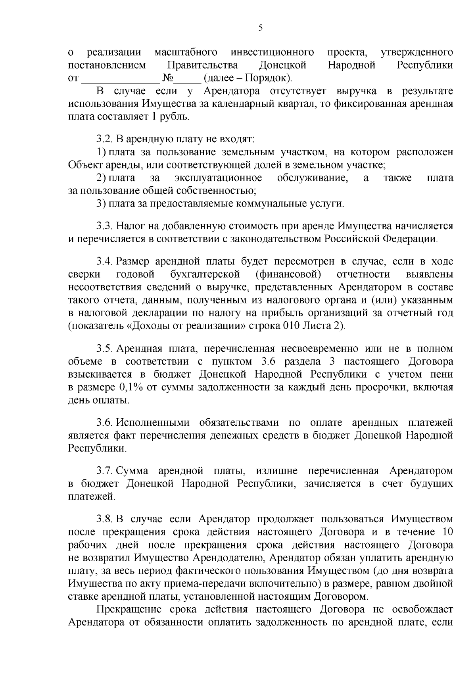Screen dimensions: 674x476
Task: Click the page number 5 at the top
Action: pos(260,27)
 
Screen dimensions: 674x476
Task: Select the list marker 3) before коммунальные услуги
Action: pos(101,204)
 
